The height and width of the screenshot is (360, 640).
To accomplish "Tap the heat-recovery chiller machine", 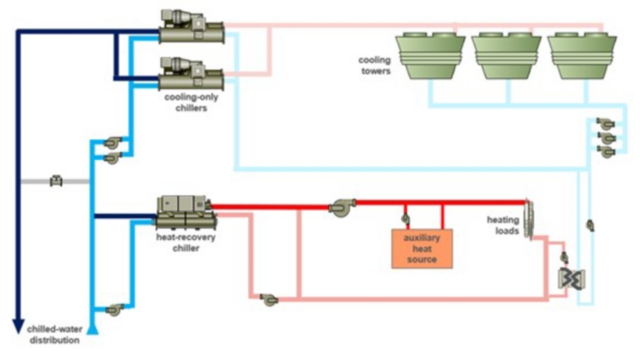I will (x=186, y=212).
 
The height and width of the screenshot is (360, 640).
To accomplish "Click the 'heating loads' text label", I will (x=503, y=225).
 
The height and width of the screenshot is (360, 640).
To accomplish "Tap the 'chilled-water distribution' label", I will (x=53, y=334).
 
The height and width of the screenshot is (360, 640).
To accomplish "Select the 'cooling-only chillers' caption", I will (x=186, y=102).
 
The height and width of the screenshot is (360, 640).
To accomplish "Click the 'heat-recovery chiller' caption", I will (x=178, y=242).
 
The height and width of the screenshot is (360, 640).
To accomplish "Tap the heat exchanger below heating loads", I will (x=570, y=278).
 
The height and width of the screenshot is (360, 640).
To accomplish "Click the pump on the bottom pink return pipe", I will (x=268, y=298).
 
